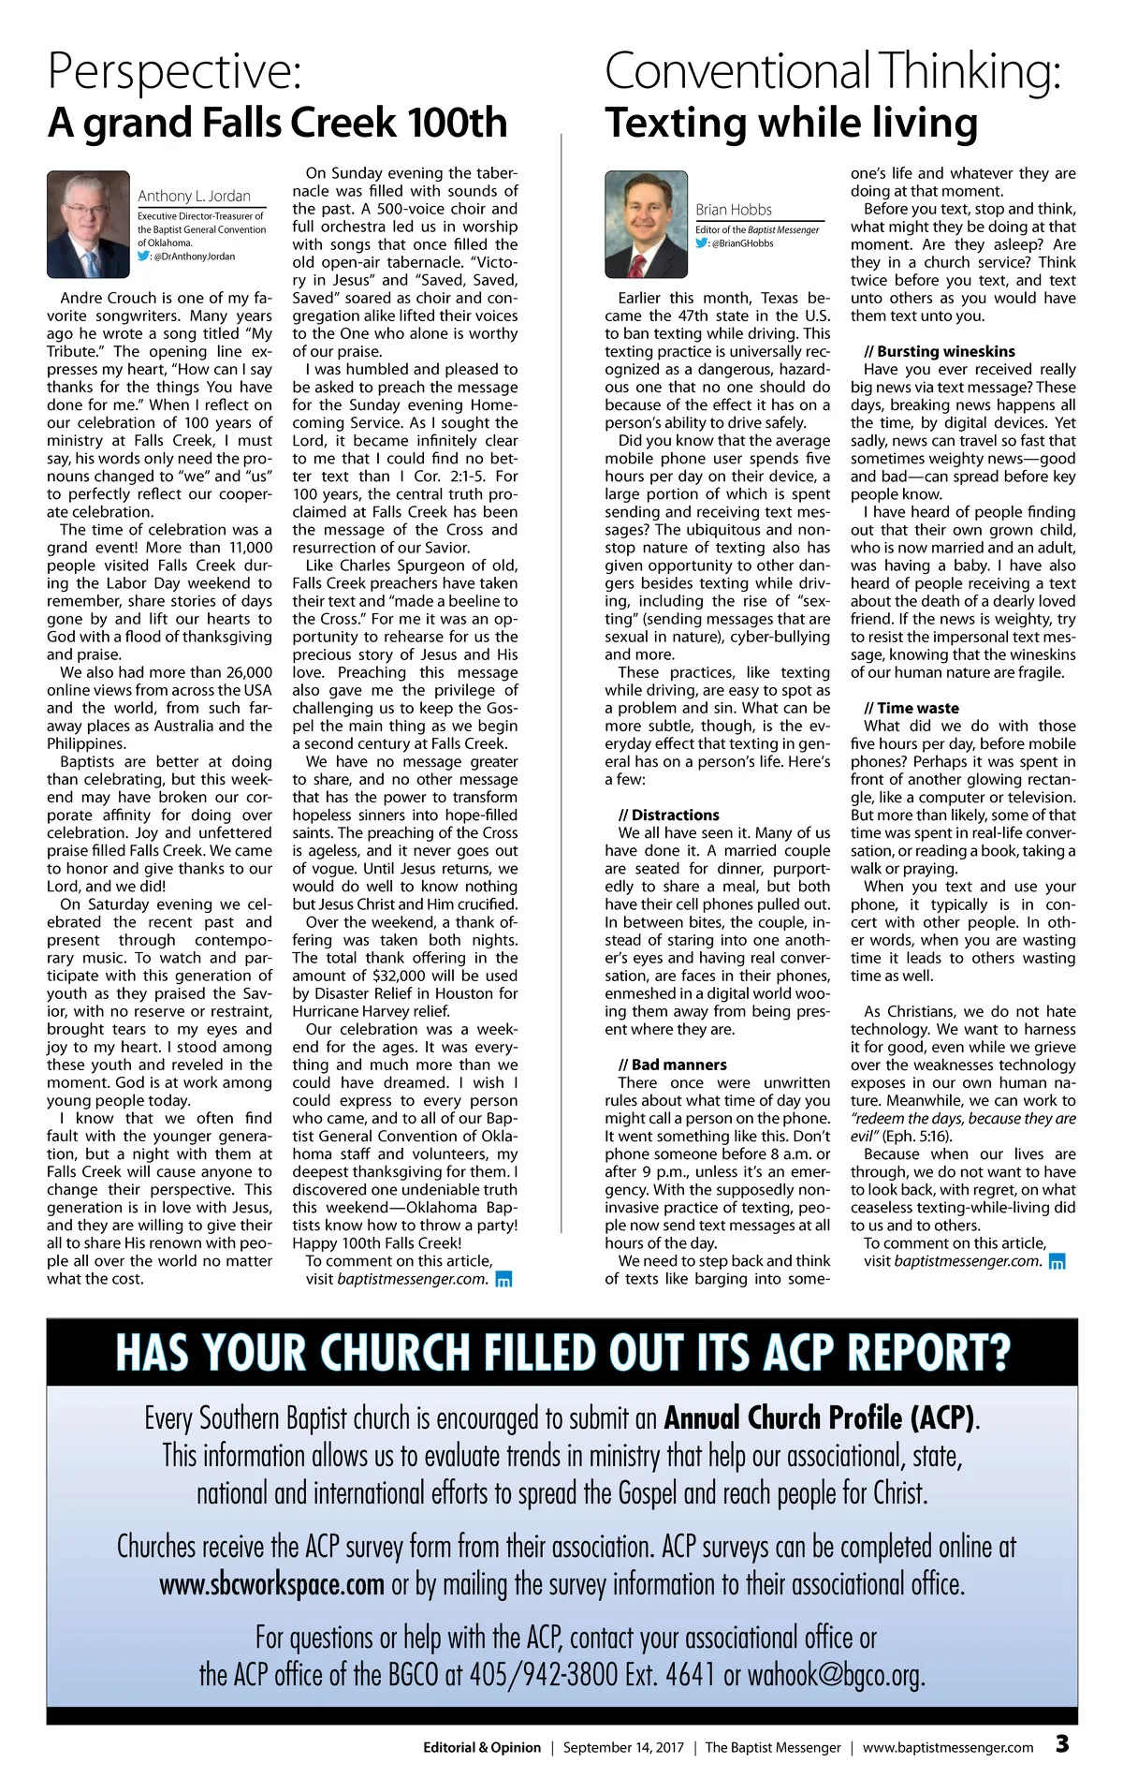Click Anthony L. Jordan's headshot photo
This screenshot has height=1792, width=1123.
point(88,224)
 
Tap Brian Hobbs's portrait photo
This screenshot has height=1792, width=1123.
point(647,224)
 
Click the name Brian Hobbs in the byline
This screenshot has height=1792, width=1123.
point(734,210)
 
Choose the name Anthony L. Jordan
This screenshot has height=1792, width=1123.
point(195,196)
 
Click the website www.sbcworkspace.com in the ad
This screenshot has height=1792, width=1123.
point(271,1584)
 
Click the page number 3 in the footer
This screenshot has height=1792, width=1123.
point(1062,1743)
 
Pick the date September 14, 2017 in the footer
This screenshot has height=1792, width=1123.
point(623,1747)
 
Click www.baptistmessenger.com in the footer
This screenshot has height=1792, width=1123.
point(948,1747)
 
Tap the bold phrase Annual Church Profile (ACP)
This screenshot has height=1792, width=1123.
point(819,1417)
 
